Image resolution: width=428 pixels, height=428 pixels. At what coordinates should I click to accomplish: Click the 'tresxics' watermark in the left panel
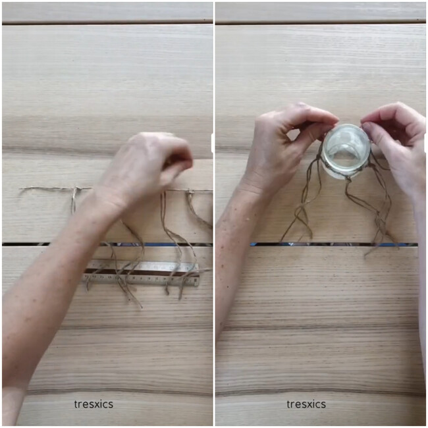[94, 404]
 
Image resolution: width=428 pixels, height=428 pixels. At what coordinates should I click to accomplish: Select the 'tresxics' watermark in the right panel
[306, 404]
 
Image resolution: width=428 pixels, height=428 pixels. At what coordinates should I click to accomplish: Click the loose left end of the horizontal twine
[20, 189]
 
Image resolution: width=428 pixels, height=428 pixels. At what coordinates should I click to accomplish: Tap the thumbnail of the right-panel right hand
[366, 126]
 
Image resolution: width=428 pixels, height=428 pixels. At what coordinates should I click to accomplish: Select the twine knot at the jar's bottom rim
[348, 178]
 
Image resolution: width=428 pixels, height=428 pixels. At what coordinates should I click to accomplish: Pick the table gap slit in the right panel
[334, 244]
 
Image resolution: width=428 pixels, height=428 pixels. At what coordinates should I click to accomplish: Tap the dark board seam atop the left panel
[107, 22]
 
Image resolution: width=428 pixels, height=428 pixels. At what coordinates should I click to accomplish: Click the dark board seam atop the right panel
[320, 22]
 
